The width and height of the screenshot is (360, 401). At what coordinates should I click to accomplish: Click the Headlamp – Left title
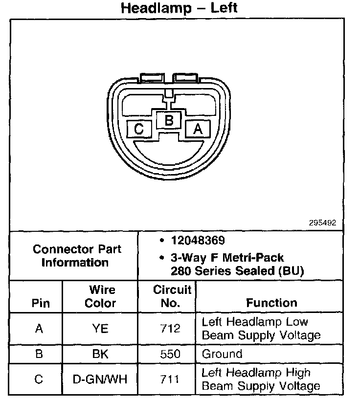click(x=179, y=8)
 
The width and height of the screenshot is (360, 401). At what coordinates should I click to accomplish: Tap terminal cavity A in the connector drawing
click(x=198, y=129)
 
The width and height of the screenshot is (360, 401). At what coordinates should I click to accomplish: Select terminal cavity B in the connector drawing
click(x=169, y=120)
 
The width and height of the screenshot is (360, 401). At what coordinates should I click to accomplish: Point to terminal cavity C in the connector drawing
click(x=139, y=129)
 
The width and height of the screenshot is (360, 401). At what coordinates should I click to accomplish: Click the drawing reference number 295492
click(x=322, y=223)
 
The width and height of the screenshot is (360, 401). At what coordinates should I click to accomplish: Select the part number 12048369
click(x=198, y=241)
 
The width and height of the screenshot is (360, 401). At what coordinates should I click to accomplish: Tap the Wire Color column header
click(x=101, y=296)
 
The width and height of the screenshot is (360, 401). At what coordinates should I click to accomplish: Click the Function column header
click(x=271, y=303)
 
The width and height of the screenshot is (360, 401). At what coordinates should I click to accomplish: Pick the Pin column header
click(x=41, y=303)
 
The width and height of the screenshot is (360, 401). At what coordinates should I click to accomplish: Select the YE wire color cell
click(x=100, y=329)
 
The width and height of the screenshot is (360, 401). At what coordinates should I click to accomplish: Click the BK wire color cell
click(x=100, y=354)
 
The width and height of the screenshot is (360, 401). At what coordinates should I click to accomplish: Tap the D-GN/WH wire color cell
click(x=100, y=379)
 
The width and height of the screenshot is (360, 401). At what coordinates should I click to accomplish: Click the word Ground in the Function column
click(x=222, y=354)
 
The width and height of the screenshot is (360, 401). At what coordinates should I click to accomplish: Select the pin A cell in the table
click(x=39, y=329)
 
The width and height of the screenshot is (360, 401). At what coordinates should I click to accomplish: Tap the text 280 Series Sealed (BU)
click(x=237, y=271)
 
